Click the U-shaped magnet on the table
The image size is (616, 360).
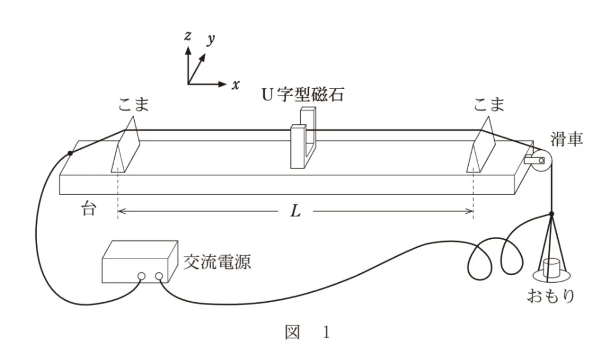pos(304,141)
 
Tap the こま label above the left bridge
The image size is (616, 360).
pos(133,105)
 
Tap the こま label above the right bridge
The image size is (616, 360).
pos(489,105)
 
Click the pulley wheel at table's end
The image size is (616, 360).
pos(541,160)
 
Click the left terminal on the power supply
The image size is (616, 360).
pos(141,276)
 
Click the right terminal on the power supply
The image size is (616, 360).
pos(159,276)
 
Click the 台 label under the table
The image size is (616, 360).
pos(88,209)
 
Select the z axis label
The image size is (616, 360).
pos(187,36)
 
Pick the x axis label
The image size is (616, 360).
pos(236,85)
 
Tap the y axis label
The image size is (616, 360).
pos(210,41)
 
